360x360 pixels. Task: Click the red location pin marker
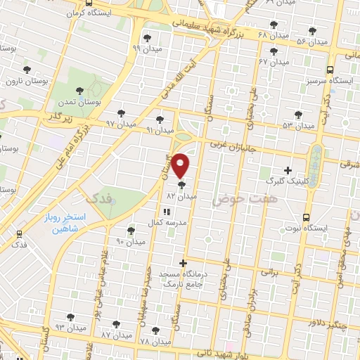[181, 166]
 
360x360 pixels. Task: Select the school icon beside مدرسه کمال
[166, 212]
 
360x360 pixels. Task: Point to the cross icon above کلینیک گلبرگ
[288, 170]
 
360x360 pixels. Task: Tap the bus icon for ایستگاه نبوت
[305, 217]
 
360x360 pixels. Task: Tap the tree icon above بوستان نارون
[27, 70]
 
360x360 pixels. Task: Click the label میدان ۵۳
[297, 125]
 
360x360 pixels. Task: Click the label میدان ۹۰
[130, 242]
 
